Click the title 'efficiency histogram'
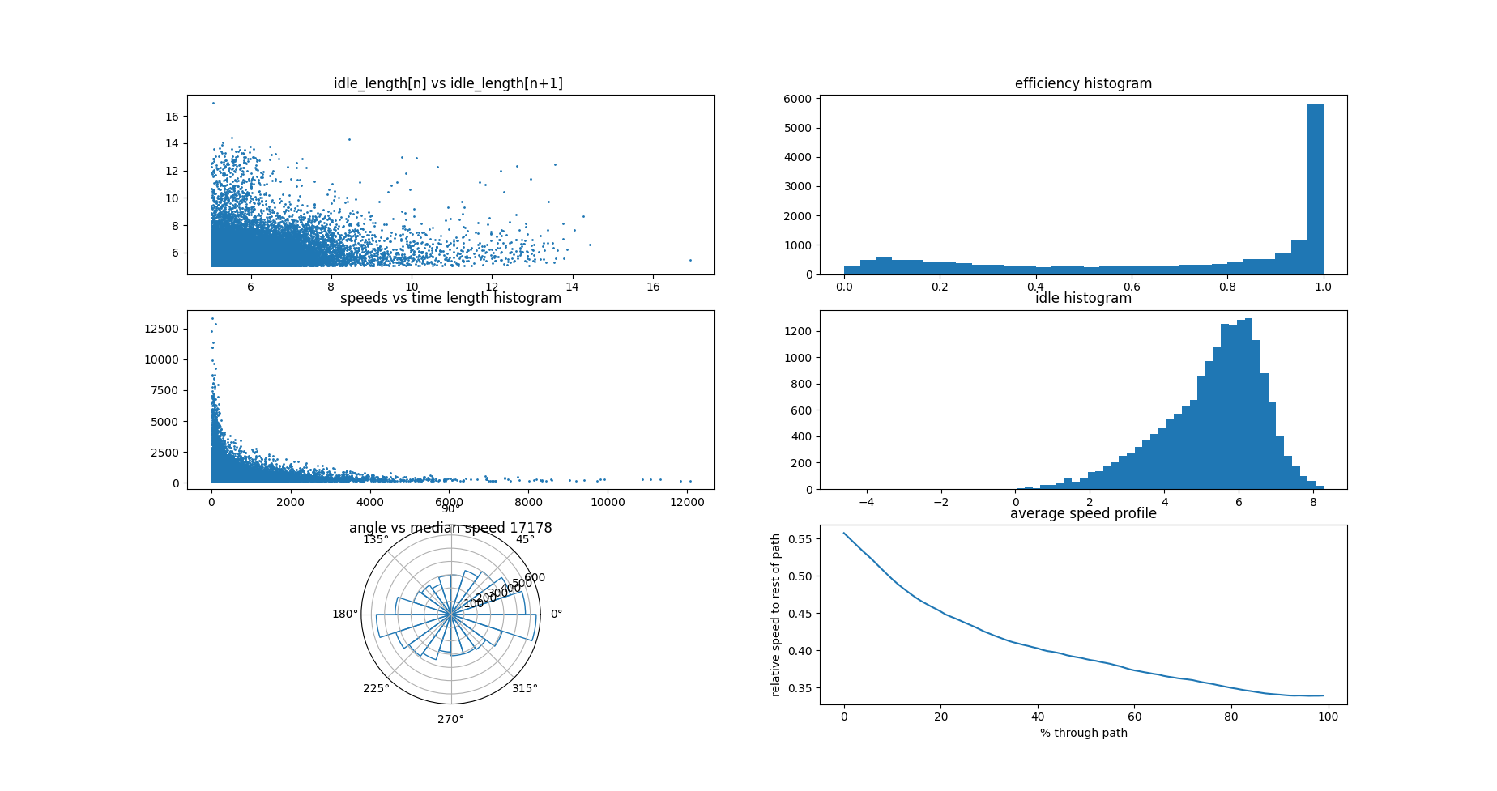point(1083,83)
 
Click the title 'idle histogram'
point(1083,298)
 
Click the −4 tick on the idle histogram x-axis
point(867,502)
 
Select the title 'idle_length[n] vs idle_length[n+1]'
point(448,83)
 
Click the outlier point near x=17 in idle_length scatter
point(690,260)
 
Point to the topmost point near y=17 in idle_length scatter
point(213,103)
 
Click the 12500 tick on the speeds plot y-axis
point(161,329)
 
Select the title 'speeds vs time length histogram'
point(450,298)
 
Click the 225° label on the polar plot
point(376,688)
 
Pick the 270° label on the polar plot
point(450,719)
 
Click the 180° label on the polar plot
point(344,614)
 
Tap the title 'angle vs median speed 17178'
point(450,528)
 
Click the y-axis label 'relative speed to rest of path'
point(776,615)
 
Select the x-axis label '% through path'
point(1083,733)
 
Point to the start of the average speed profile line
point(844,533)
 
